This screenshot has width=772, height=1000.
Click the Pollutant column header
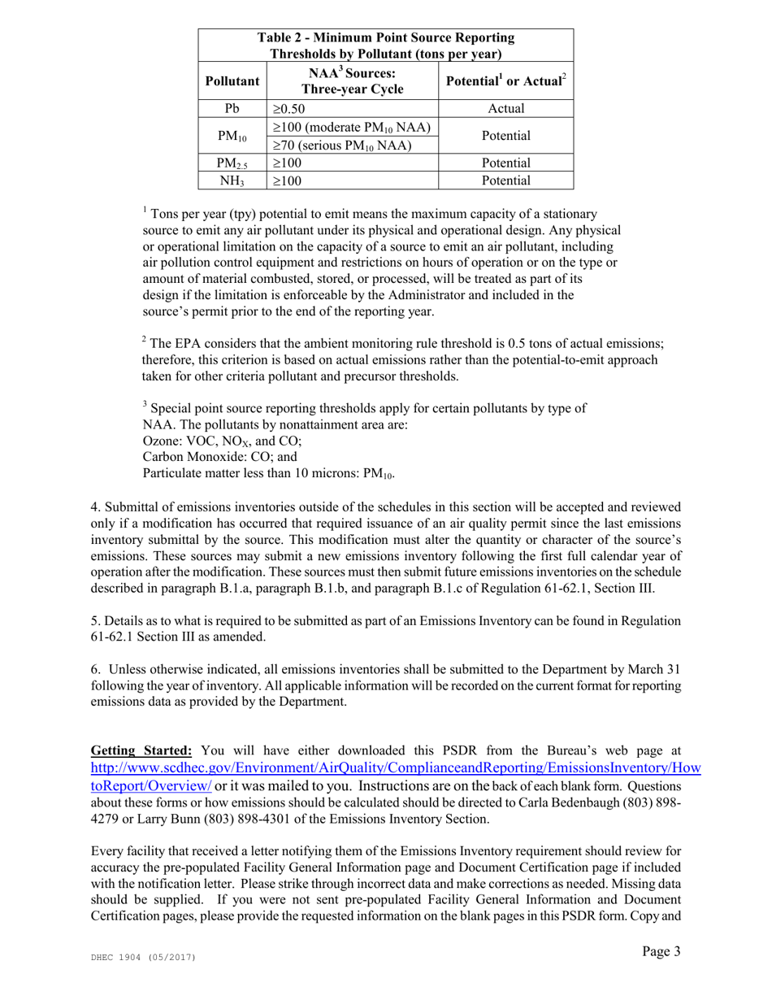[x=232, y=81]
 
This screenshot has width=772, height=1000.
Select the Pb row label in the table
[x=232, y=109]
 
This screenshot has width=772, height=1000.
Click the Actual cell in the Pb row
[x=505, y=109]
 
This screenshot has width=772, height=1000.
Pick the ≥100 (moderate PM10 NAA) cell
[x=351, y=128]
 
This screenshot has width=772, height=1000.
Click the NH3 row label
[x=232, y=180]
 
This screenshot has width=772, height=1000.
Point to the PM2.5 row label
[x=232, y=163]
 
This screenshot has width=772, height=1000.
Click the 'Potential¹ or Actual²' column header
[x=505, y=81]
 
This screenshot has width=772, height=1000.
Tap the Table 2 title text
[x=385, y=46]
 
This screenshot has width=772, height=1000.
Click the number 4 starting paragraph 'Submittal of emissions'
[x=94, y=507]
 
